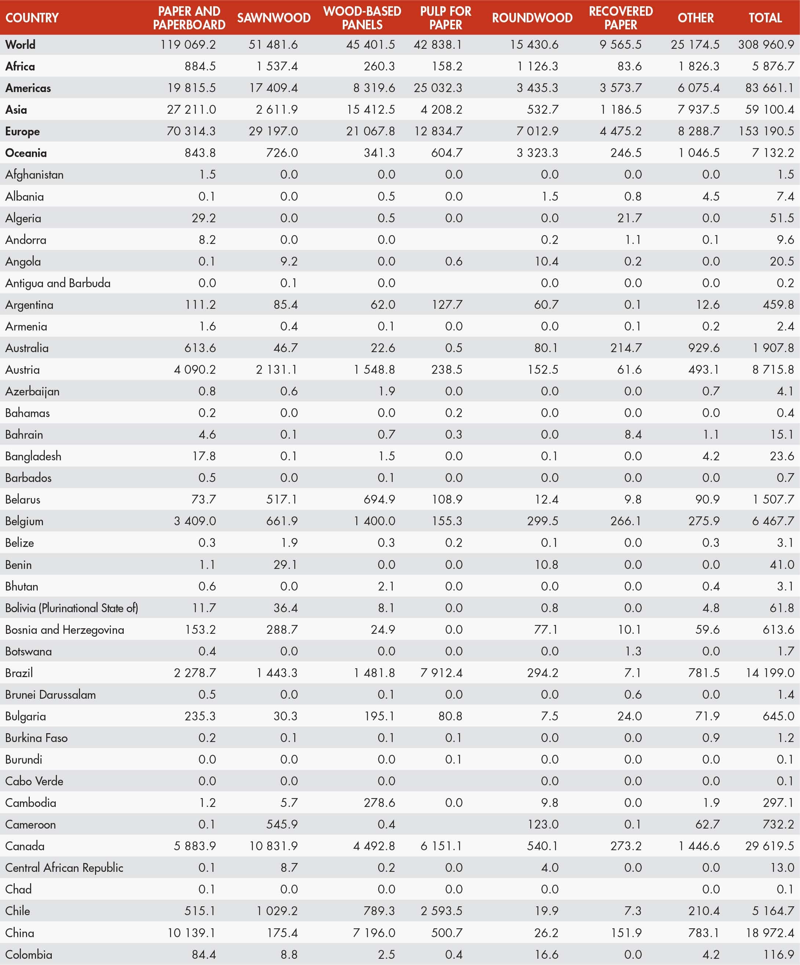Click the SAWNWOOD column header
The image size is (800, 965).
(273, 18)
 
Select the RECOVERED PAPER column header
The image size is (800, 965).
(621, 18)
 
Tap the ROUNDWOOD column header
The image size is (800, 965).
(532, 18)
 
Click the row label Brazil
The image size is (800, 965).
(19, 673)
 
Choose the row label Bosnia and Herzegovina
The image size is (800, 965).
(64, 629)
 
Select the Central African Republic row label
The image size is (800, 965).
(64, 867)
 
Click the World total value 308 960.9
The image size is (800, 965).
(766, 45)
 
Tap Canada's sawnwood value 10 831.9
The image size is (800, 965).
(273, 846)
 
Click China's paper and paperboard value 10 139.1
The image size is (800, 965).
(191, 933)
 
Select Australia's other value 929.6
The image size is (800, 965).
(703, 348)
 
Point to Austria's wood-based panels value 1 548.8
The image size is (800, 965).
(374, 369)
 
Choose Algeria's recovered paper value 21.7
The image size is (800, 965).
(629, 218)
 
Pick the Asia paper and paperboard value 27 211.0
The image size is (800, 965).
(191, 110)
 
